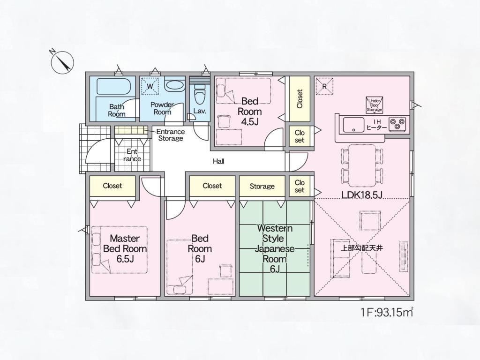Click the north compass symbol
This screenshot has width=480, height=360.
(62, 62)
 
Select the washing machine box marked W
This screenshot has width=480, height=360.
(150, 86)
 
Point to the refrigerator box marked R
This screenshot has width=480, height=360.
(324, 86)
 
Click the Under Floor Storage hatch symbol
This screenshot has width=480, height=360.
(375, 105)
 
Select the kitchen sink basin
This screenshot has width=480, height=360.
(353, 125)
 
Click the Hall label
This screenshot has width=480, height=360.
(218, 161)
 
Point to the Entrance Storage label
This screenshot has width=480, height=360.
(171, 135)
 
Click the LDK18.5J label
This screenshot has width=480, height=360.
(362, 195)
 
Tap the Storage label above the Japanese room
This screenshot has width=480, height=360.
(262, 186)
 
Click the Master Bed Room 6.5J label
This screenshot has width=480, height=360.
(125, 248)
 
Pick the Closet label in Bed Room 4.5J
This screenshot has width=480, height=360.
(300, 98)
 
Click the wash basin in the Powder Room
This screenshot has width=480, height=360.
(175, 85)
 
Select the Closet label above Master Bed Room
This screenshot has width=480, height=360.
(112, 186)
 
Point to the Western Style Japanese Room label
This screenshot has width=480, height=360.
(275, 248)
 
